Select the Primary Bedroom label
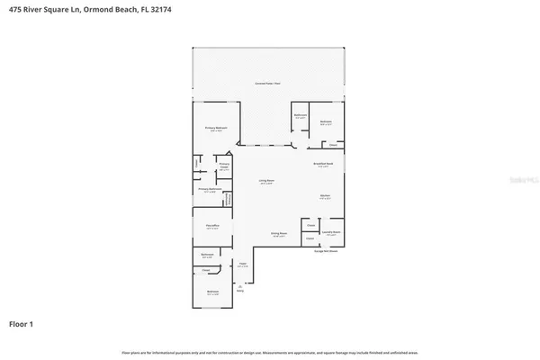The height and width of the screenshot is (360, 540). [x=216, y=130]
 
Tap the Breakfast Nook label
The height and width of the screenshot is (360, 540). [x=324, y=164]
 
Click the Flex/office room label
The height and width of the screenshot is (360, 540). [x=212, y=227]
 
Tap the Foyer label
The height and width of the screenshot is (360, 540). [x=242, y=264]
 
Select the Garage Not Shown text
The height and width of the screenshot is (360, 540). [x=325, y=251]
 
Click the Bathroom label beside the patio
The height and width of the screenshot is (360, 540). [x=301, y=115]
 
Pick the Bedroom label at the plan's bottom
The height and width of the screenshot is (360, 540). [x=212, y=292]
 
